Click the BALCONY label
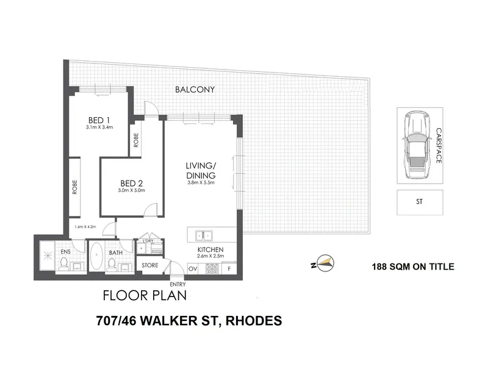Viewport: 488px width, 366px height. click(x=195, y=90)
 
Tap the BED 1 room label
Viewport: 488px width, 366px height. click(x=99, y=120)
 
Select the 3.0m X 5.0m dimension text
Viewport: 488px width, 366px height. click(x=131, y=190)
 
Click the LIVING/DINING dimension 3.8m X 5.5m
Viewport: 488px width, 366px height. click(x=201, y=182)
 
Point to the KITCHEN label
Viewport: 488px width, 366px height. click(x=210, y=249)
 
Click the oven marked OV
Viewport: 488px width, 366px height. click(x=193, y=268)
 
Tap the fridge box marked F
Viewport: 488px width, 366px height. click(x=229, y=268)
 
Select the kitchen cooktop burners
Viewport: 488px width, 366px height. click(x=212, y=268)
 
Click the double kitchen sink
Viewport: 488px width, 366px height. click(x=204, y=235)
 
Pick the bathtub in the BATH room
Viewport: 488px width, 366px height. click(x=96, y=257)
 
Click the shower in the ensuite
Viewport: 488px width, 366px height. click(x=48, y=256)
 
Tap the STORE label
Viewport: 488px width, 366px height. click(x=150, y=265)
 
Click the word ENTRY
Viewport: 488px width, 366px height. click(x=178, y=284)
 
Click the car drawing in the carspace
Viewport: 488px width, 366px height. click(x=415, y=145)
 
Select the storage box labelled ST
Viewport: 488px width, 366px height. click(x=420, y=203)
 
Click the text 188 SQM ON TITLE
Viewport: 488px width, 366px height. click(x=413, y=267)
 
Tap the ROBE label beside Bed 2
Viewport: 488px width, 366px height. click(x=136, y=140)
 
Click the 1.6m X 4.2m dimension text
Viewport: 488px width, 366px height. click(x=85, y=226)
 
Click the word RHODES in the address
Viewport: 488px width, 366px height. click(x=254, y=321)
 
